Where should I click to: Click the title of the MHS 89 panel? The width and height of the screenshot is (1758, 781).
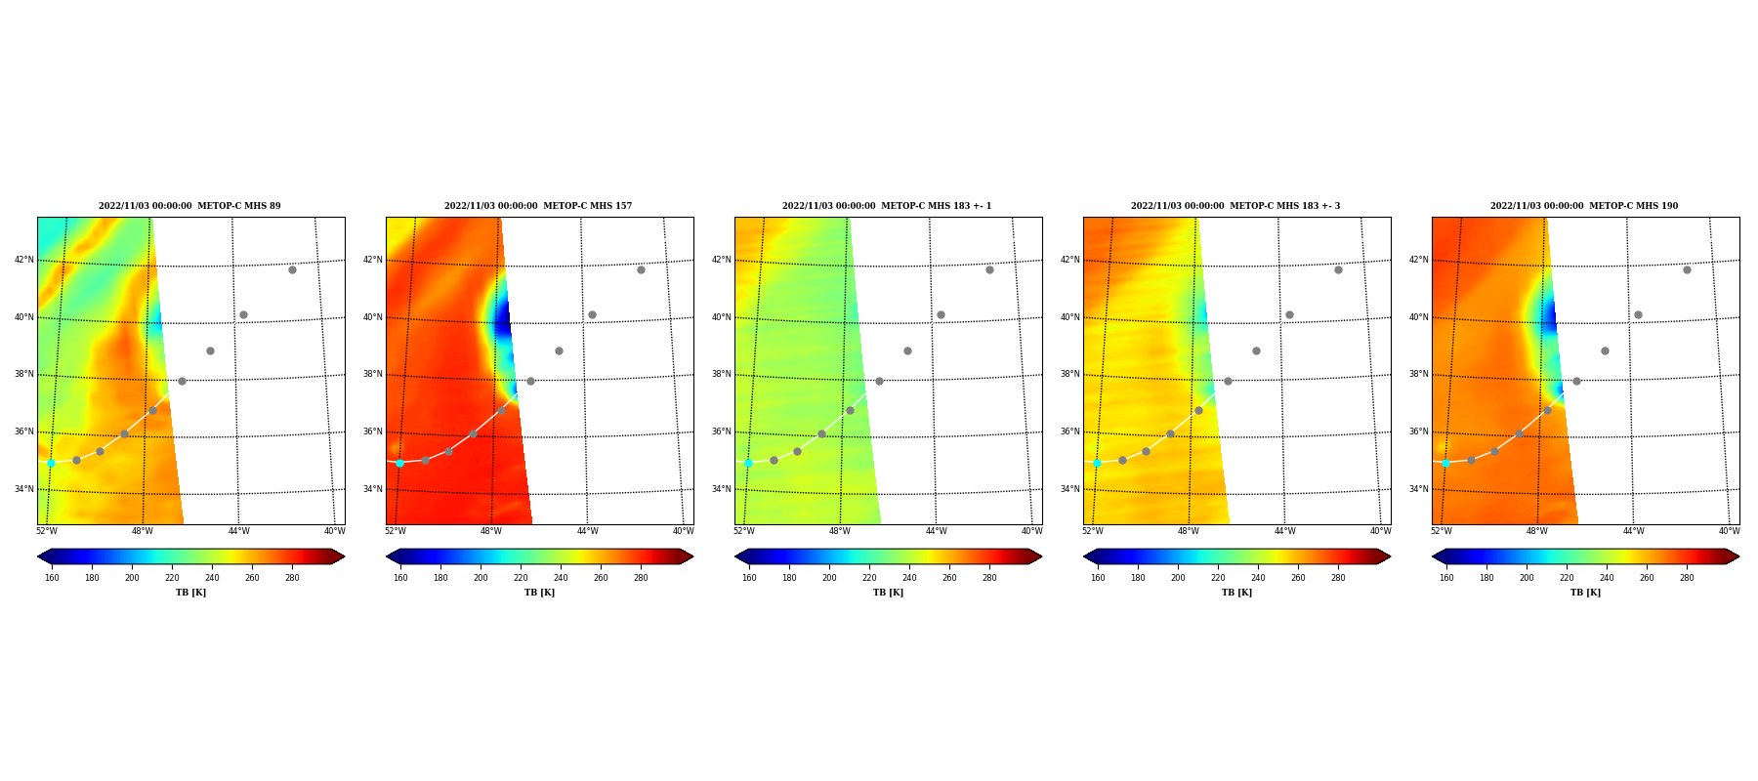click(x=189, y=206)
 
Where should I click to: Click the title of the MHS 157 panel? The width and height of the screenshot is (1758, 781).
click(x=538, y=206)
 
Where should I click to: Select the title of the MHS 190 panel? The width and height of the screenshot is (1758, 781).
click(x=1584, y=206)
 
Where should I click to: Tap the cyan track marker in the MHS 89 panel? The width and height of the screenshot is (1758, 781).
click(x=51, y=463)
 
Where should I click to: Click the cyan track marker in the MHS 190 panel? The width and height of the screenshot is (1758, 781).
click(x=1445, y=463)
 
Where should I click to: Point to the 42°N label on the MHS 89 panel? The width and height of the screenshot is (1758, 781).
click(x=24, y=260)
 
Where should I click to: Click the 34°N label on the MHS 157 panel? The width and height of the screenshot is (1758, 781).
click(x=373, y=489)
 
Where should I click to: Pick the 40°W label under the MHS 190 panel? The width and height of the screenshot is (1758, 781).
click(x=1729, y=531)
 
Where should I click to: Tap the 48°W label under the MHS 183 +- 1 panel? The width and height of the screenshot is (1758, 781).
click(x=840, y=531)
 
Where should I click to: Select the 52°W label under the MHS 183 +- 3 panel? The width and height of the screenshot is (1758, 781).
click(x=1092, y=531)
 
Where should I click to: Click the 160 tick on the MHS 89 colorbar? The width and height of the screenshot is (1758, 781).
click(x=52, y=578)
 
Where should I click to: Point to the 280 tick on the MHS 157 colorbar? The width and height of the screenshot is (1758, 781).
click(x=641, y=578)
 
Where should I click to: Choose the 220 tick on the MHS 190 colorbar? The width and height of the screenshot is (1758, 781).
click(x=1567, y=578)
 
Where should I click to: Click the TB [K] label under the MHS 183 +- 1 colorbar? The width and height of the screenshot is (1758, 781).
click(x=888, y=593)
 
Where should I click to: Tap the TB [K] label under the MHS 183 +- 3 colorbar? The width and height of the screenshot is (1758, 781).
click(x=1236, y=593)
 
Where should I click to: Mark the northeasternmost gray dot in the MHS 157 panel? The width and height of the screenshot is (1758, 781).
click(x=641, y=269)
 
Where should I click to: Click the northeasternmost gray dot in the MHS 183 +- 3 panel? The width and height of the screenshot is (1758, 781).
click(x=1338, y=269)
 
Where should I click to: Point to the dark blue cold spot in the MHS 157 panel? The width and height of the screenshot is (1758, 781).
click(x=502, y=319)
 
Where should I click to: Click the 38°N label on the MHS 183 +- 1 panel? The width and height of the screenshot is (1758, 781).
click(x=722, y=374)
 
